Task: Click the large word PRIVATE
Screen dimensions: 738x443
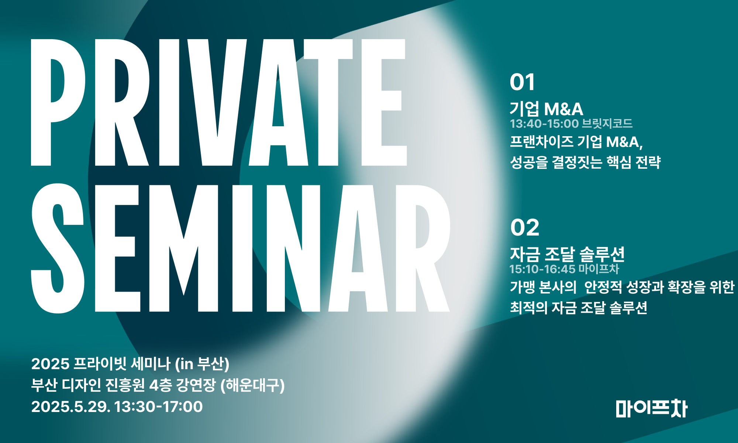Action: click(219, 102)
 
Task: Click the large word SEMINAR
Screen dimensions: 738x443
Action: click(241, 248)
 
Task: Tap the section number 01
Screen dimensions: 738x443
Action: click(522, 82)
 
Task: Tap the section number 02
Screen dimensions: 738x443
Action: click(525, 227)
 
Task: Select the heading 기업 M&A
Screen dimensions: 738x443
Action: click(546, 109)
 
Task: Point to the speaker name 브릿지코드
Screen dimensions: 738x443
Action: click(607, 123)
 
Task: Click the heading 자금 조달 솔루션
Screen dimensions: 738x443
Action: click(567, 254)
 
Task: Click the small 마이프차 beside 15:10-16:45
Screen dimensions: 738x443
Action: click(599, 269)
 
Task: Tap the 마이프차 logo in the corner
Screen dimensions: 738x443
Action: click(652, 409)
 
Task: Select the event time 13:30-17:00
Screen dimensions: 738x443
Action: click(158, 407)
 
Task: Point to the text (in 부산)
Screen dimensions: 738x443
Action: click(202, 364)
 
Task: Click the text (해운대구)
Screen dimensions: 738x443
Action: click(253, 386)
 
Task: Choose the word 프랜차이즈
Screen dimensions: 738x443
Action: click(541, 142)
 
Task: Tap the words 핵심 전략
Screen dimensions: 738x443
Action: click(634, 162)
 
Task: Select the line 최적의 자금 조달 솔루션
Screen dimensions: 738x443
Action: click(579, 308)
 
